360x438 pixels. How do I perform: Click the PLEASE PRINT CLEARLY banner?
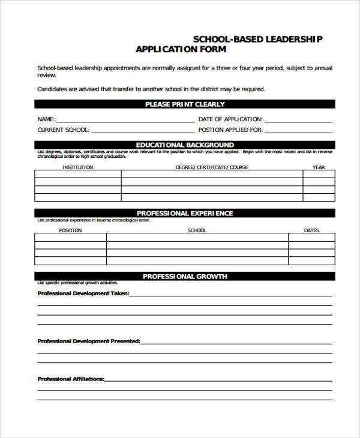[x=185, y=104]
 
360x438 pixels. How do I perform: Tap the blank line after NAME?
[x=125, y=119]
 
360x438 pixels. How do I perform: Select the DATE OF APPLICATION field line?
[x=298, y=119]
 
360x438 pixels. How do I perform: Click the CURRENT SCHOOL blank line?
[x=143, y=130]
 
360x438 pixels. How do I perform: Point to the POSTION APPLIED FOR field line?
[x=298, y=130]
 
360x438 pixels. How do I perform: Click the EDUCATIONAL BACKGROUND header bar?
[x=185, y=145]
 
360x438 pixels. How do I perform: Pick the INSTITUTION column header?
[x=78, y=167]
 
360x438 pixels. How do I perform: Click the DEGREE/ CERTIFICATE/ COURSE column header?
[x=212, y=167]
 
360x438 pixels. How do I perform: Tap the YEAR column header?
[x=319, y=167]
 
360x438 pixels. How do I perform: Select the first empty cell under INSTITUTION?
[x=78, y=175]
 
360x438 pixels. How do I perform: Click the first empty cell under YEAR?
[x=319, y=175]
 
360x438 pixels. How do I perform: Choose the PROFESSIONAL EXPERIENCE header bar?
[x=185, y=214]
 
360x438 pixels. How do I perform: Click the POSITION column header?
[x=71, y=230]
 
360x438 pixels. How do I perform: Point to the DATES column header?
[x=311, y=230]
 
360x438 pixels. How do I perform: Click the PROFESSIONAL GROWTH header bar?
[x=185, y=277]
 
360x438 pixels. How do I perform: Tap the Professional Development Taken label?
[x=83, y=294]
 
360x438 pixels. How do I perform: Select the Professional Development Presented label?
[x=89, y=341]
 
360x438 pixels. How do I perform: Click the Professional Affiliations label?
[x=71, y=379]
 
